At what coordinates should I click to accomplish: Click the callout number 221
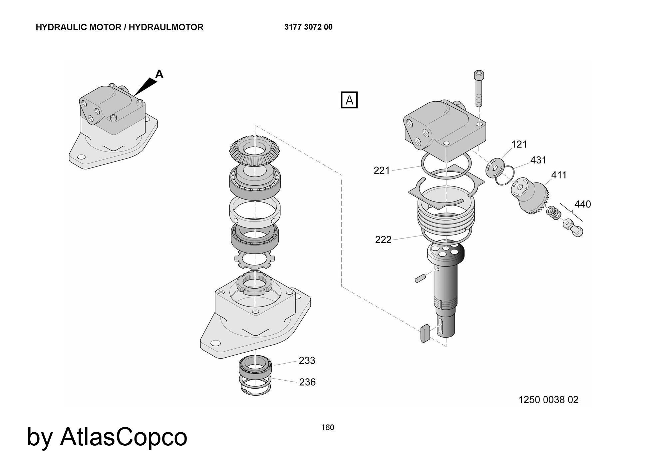(382, 170)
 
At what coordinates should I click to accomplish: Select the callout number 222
(383, 240)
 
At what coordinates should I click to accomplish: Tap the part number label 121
(519, 144)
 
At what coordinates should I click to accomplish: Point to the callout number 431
(538, 160)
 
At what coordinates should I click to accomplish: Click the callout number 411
(559, 175)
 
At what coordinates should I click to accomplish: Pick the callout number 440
(582, 204)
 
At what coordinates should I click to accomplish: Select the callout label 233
(307, 361)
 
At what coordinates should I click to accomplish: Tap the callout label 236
(307, 382)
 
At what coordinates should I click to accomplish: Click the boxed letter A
(349, 100)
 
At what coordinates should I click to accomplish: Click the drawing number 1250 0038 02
(548, 400)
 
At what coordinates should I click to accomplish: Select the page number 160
(328, 428)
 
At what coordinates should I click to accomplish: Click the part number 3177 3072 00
(308, 27)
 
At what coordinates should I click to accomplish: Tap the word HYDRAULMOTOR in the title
(166, 27)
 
